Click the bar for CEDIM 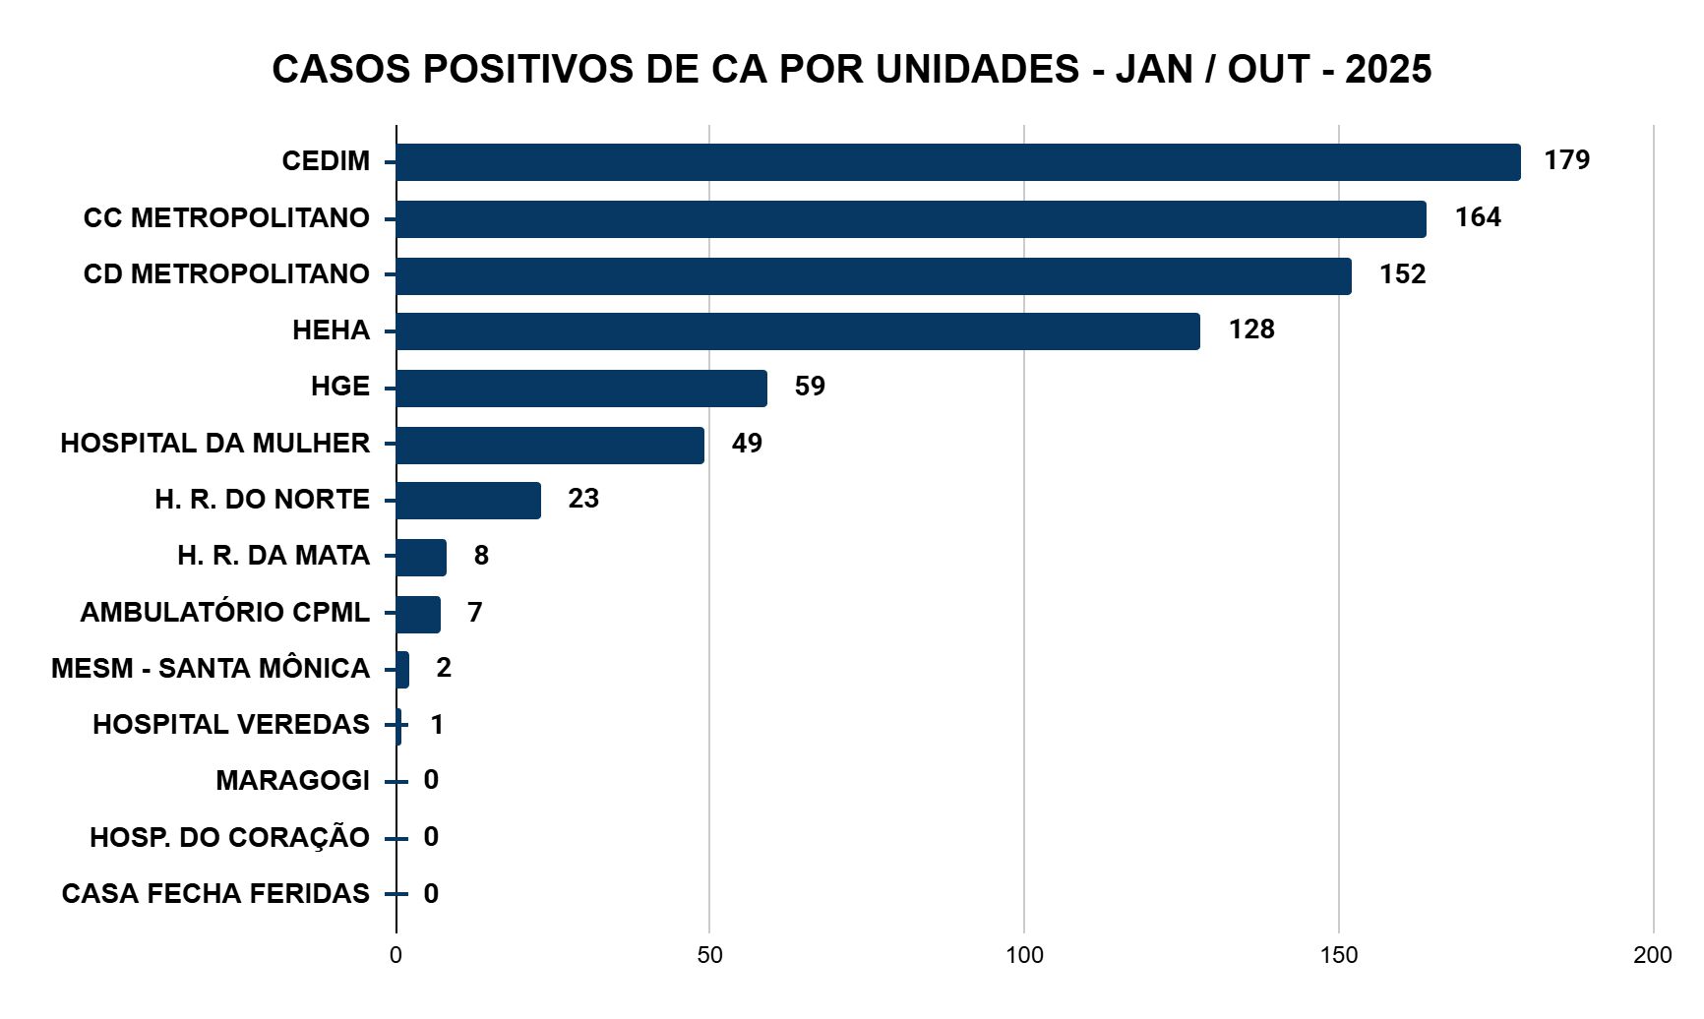tap(957, 162)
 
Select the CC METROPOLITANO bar tap(910, 218)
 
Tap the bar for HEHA tap(797, 331)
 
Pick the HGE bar tap(580, 389)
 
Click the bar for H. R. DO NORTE tap(468, 501)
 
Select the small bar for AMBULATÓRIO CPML tap(418, 615)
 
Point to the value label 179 tap(1566, 160)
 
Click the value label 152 tap(1402, 274)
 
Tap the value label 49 tap(747, 444)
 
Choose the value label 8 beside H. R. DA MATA tap(481, 556)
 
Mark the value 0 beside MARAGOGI tap(431, 780)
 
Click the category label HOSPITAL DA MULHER tap(214, 444)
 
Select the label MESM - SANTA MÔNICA tap(210, 669)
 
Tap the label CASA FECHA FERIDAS tap(214, 894)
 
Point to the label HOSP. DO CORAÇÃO tap(229, 838)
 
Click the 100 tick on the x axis tap(1024, 955)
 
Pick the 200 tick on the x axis tap(1652, 955)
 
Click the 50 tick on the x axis tap(709, 955)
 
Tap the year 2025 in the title tap(1388, 70)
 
